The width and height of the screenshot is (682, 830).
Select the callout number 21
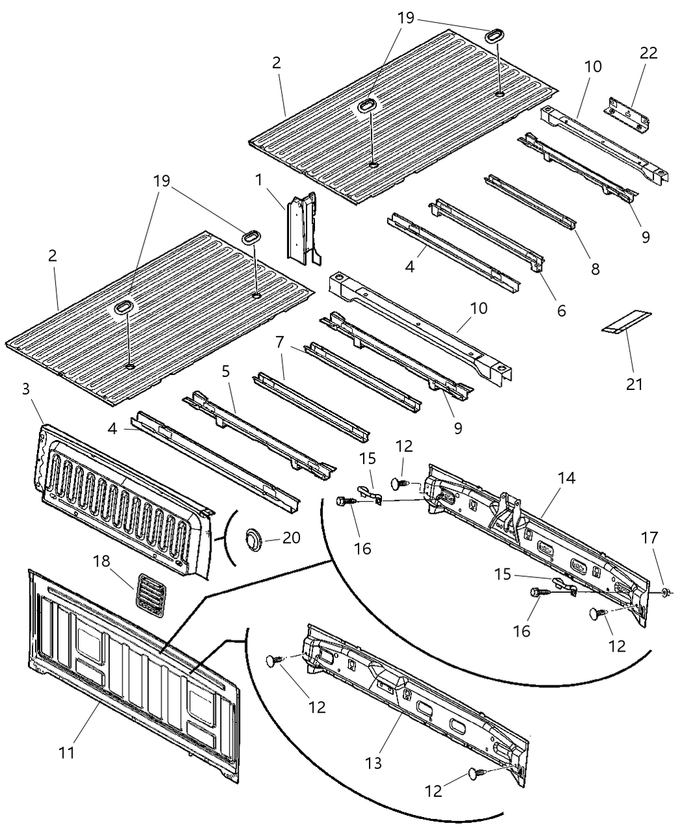click(x=634, y=384)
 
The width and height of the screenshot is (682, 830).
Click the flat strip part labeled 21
click(x=625, y=322)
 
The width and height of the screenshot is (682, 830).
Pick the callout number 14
click(x=566, y=477)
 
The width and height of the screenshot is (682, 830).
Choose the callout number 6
click(x=562, y=311)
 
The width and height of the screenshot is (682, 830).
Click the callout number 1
click(x=259, y=179)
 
